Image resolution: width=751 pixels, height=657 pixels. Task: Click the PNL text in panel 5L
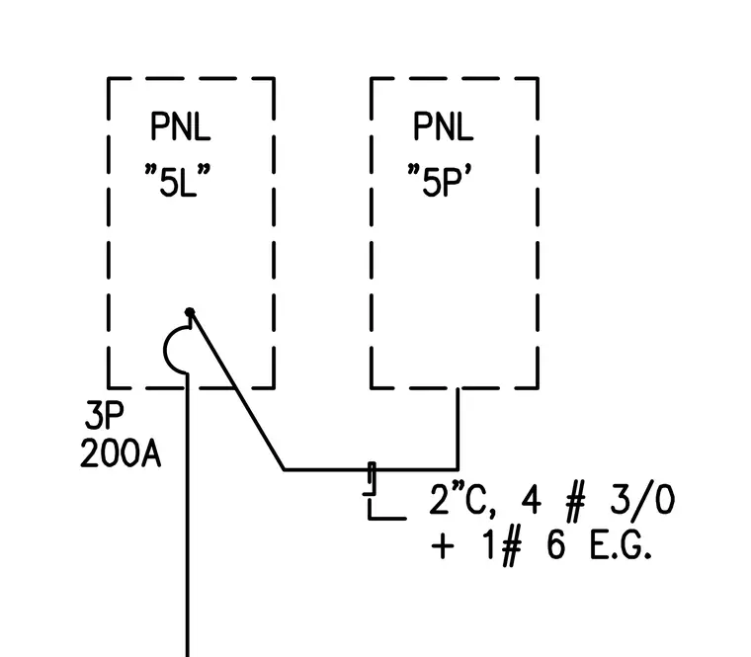(x=181, y=125)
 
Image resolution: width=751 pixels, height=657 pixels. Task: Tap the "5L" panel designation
(x=178, y=181)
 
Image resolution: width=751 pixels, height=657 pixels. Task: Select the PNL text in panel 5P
(x=443, y=125)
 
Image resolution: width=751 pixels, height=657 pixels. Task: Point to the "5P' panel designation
(x=439, y=181)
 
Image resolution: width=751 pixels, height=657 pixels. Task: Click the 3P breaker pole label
(x=104, y=415)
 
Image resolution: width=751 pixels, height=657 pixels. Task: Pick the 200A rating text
(x=121, y=453)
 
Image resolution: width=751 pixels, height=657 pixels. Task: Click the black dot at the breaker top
(x=190, y=312)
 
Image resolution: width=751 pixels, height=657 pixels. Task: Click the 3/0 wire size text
(x=642, y=501)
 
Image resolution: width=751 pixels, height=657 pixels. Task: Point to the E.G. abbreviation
(x=621, y=546)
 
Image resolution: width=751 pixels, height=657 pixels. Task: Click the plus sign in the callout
(x=443, y=546)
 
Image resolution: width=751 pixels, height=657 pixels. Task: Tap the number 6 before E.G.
(x=555, y=546)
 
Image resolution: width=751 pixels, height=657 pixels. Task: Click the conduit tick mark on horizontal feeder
(x=372, y=478)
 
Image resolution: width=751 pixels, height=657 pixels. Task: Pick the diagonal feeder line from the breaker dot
(x=236, y=391)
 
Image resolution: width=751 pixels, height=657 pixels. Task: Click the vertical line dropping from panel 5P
(x=459, y=429)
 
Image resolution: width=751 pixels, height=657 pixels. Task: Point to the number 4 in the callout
(x=531, y=500)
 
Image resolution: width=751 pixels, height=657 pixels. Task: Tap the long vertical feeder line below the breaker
(x=188, y=516)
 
